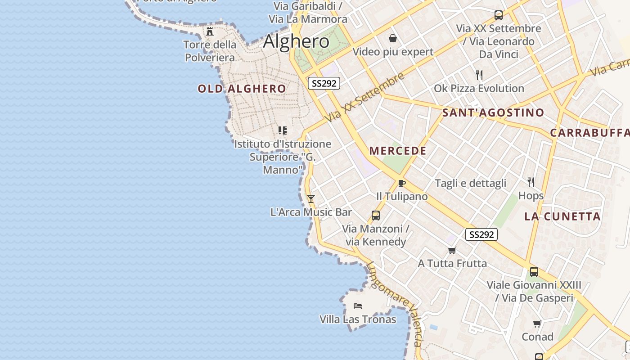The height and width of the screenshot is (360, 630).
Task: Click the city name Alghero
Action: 296,41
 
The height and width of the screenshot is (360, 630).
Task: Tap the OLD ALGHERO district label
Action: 242,89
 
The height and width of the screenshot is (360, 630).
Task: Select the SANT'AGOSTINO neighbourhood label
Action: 493,112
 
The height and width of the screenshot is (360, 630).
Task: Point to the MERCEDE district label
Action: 398,151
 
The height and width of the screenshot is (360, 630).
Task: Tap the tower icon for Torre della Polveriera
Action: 210,31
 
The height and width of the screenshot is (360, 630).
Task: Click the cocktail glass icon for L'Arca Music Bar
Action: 310,198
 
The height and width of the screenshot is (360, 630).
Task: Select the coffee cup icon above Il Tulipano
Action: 402,183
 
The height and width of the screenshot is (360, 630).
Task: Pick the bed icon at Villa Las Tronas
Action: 358,306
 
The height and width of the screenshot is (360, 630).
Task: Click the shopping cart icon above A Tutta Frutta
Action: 452,250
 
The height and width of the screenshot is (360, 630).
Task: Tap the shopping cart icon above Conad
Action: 537,324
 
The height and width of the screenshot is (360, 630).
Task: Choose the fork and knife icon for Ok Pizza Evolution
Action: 479,75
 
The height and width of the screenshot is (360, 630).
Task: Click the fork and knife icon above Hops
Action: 531,182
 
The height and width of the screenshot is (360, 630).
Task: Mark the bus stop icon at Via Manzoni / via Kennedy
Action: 376,216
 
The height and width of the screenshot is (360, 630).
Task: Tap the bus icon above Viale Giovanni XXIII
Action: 534,272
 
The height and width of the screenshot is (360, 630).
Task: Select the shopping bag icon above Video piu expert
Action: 393,38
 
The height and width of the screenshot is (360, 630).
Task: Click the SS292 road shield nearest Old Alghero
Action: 324,83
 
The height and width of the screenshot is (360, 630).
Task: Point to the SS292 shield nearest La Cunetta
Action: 481,234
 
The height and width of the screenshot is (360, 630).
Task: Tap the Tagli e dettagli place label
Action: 470,183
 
